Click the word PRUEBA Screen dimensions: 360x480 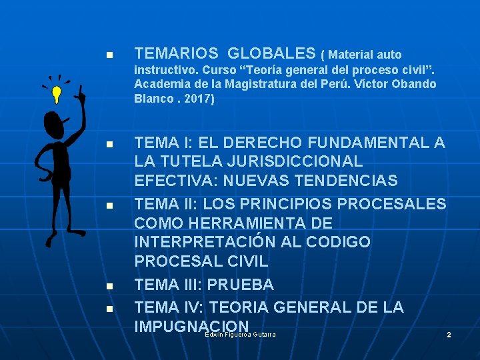click(241, 285)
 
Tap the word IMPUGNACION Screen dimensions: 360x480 click(191, 326)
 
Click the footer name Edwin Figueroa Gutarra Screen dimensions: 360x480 click(240, 334)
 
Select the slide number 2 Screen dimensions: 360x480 click(449, 334)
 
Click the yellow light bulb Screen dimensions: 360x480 click(57, 93)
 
